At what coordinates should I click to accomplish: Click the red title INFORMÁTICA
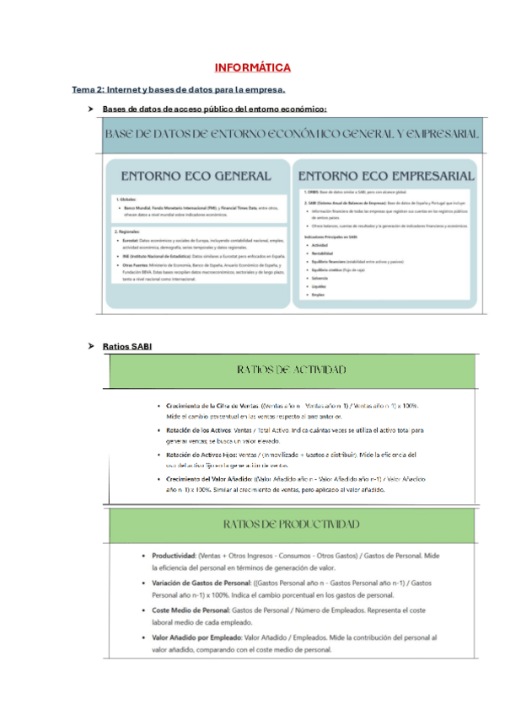[x=252, y=67]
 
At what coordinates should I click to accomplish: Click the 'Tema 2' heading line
[x=179, y=89]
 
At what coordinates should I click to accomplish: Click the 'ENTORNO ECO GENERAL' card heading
[x=196, y=176]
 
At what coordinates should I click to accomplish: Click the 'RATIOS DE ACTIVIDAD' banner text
[x=292, y=370]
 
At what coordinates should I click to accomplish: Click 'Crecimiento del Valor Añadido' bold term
[x=218, y=479]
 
